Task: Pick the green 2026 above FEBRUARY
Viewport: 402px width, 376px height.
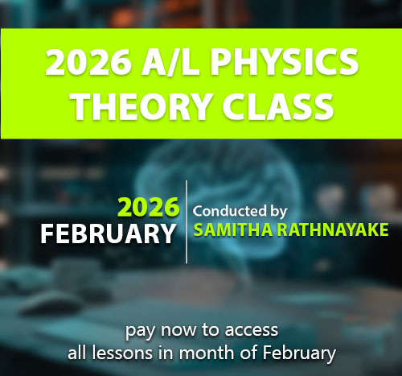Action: (149, 208)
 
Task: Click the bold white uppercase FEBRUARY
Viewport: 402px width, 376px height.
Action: (108, 233)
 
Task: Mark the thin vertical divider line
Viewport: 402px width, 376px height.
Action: (187, 221)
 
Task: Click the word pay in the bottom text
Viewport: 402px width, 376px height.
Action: (137, 329)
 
